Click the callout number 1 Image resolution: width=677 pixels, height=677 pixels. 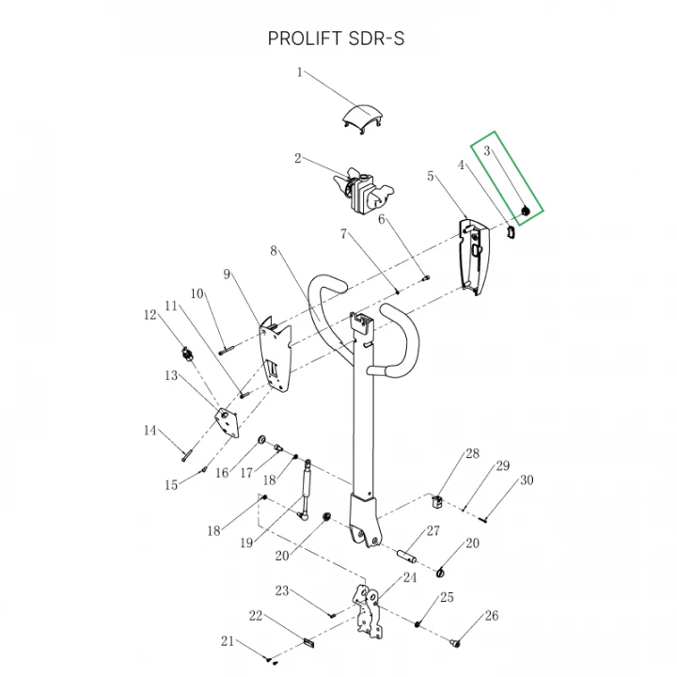point(301,72)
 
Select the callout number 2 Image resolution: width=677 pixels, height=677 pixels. point(297,159)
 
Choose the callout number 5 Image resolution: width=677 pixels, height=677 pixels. point(431,176)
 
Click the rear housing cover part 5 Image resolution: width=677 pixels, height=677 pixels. point(476,254)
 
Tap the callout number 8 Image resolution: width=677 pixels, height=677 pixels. point(274,252)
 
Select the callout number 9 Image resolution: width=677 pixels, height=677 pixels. point(227,274)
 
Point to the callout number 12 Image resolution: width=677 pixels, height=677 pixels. point(150,315)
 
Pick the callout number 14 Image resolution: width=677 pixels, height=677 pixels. point(150,432)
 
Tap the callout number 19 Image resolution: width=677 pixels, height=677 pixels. point(248,543)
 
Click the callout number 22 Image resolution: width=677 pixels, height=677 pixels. point(254,616)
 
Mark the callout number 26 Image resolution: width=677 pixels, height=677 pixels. point(491,617)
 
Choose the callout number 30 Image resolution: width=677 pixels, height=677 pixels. point(526,480)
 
